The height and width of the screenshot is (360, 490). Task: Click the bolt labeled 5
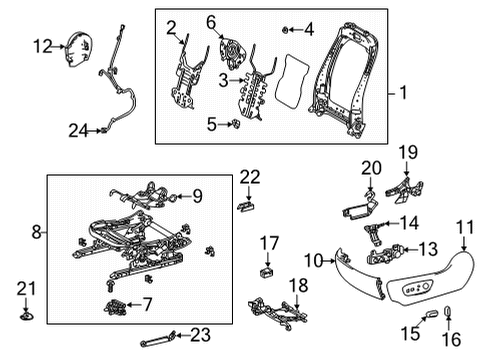pyautogui.click(x=235, y=124)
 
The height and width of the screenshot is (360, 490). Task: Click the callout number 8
pyautogui.click(x=37, y=232)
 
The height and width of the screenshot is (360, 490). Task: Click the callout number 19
pyautogui.click(x=408, y=151)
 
